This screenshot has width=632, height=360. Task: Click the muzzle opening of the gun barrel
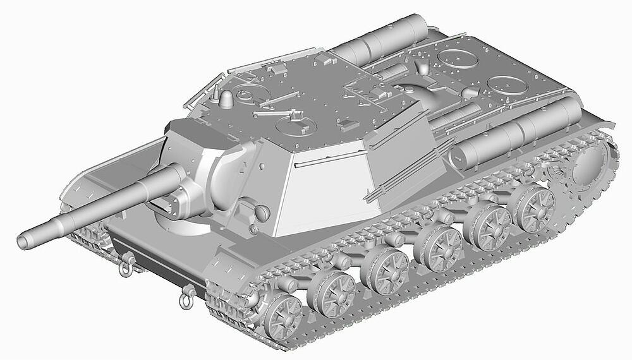coord(24,241)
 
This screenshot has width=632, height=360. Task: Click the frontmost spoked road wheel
coord(282,315)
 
